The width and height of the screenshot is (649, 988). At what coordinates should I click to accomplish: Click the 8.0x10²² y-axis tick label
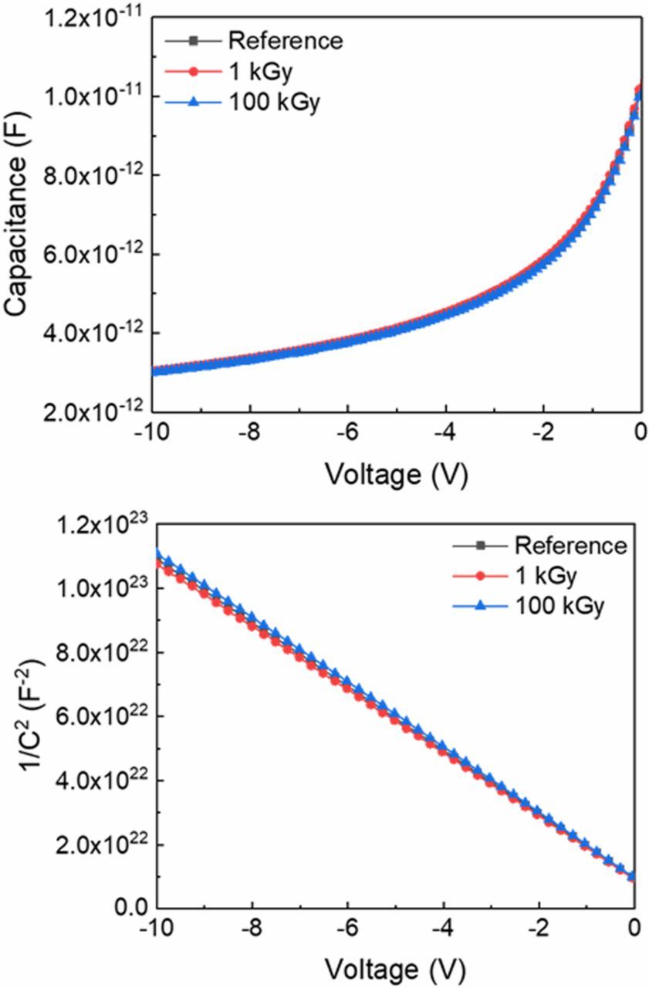point(96,653)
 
